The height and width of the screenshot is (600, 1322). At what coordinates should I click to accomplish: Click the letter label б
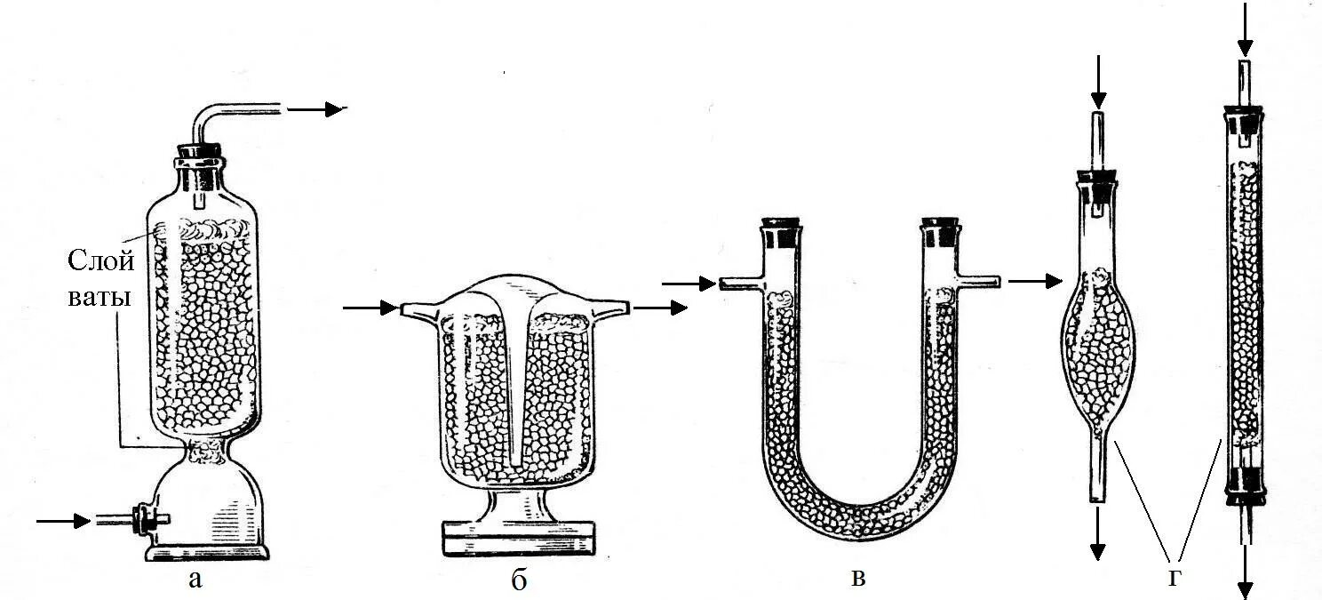[x=519, y=581]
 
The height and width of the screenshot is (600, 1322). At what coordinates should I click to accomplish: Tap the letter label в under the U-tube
[x=857, y=579]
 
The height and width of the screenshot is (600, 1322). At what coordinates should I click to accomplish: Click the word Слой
[x=101, y=261]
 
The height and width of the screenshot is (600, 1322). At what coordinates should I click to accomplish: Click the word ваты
[x=100, y=297]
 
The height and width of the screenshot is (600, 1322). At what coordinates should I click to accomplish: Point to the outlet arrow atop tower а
[x=315, y=109]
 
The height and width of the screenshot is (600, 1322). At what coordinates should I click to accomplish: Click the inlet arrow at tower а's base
[x=64, y=520]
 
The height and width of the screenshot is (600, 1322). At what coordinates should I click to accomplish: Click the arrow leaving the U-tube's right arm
[x=1035, y=282]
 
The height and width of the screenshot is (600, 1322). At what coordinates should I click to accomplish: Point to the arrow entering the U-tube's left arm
[x=689, y=284]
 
